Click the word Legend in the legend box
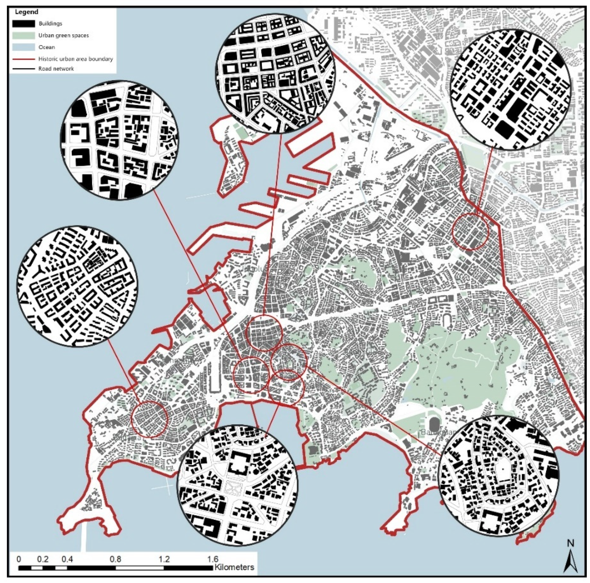click(27, 12)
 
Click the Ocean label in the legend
click(47, 47)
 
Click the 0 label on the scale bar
click(19, 559)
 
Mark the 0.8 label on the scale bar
click(116, 559)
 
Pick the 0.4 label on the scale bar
click(67, 559)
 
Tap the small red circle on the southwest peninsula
click(150, 419)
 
